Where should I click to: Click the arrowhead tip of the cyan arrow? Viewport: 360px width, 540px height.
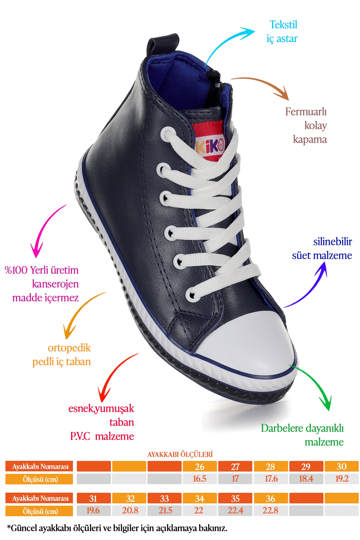coord(255,31)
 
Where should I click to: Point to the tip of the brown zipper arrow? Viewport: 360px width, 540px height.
coord(288,100)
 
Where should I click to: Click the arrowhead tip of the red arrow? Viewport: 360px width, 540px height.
coord(102,402)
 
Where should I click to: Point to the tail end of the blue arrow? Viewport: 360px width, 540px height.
coord(284,307)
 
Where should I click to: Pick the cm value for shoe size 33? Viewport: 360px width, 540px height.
coord(164,510)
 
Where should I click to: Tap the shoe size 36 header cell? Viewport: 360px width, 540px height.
coord(271,498)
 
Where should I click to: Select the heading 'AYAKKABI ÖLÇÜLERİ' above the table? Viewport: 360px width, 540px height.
coord(180,454)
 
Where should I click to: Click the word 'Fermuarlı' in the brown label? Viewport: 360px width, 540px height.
coord(306,112)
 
